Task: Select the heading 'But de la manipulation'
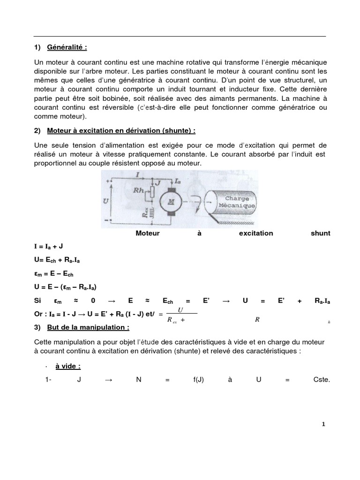coord(87,327)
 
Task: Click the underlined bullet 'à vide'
coord(68,367)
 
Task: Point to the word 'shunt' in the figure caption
coord(320,233)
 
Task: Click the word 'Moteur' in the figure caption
coord(147,233)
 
